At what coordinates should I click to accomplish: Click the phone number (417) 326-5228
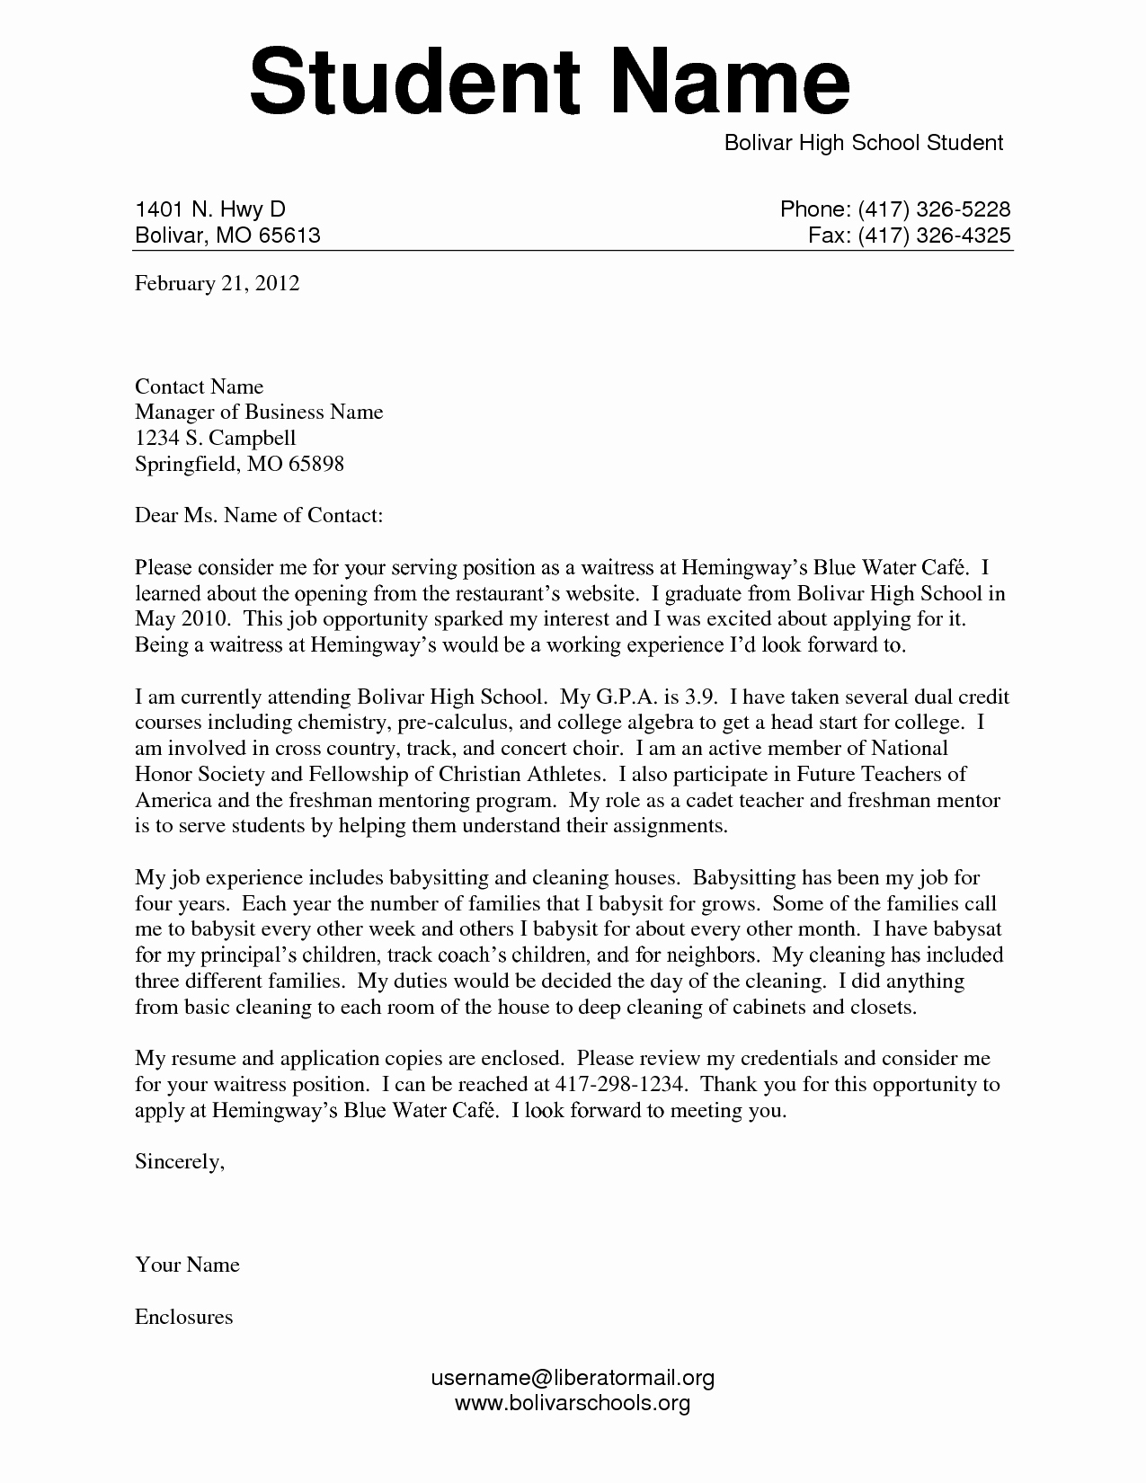[934, 209]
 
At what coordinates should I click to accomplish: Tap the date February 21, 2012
[217, 284]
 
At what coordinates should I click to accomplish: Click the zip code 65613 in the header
[289, 235]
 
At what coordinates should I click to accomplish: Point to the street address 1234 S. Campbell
[215, 438]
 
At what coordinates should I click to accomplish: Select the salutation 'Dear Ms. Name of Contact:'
[259, 515]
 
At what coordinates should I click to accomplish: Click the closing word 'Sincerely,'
[179, 1161]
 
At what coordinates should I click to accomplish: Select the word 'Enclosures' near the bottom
[183, 1317]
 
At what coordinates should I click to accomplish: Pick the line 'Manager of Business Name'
[259, 412]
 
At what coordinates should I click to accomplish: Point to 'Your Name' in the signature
[187, 1265]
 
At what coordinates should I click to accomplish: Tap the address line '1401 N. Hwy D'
[209, 209]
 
